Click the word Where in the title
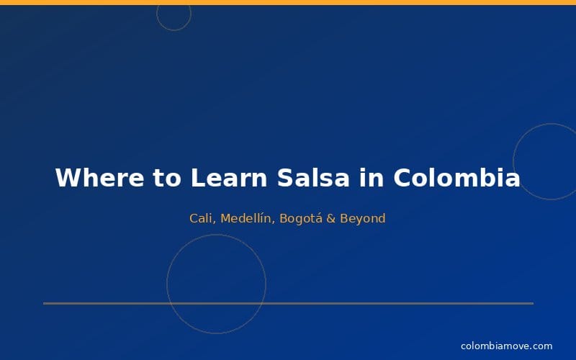(99, 178)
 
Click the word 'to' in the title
(167, 178)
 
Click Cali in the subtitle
(202, 218)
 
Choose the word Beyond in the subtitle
(363, 218)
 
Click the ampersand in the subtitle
(331, 218)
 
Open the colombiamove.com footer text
(506, 346)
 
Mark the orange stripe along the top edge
(288, 2)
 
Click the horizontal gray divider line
(288, 303)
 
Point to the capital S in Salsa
(286, 178)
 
